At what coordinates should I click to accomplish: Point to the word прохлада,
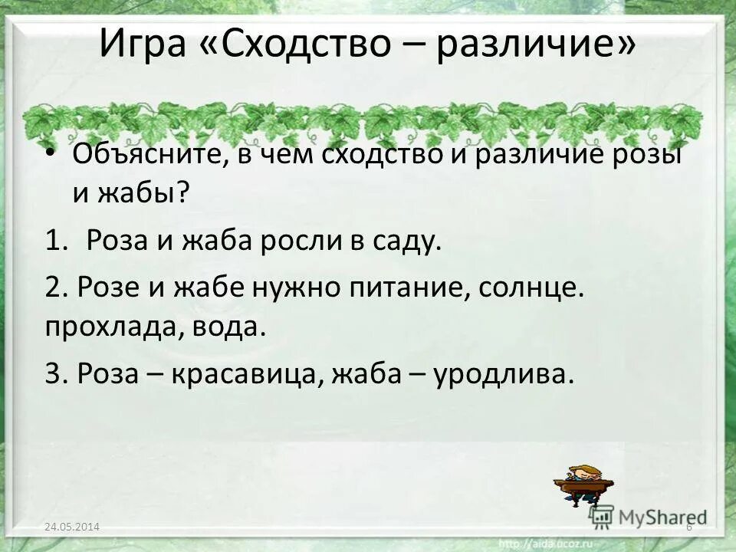107,328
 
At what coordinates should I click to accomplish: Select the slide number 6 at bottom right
689,527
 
